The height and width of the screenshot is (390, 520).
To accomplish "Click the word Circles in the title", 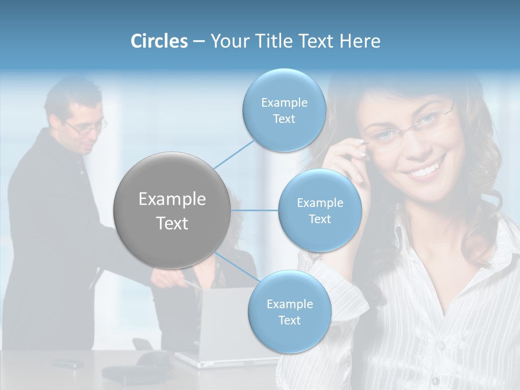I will tap(159, 41).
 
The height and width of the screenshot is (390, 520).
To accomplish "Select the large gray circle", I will tap(172, 210).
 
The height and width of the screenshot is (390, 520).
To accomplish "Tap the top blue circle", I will tap(284, 110).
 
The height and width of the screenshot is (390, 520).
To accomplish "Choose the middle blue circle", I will tap(320, 210).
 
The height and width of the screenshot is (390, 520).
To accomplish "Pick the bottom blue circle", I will tap(289, 311).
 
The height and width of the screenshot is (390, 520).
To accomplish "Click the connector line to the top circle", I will tap(235, 153).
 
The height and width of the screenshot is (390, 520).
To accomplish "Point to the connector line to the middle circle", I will tap(254, 210).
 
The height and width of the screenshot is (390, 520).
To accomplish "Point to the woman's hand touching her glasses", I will tap(347, 162).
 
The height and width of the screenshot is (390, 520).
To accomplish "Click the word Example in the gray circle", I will tap(172, 199).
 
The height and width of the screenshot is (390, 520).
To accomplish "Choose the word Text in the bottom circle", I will tap(289, 320).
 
